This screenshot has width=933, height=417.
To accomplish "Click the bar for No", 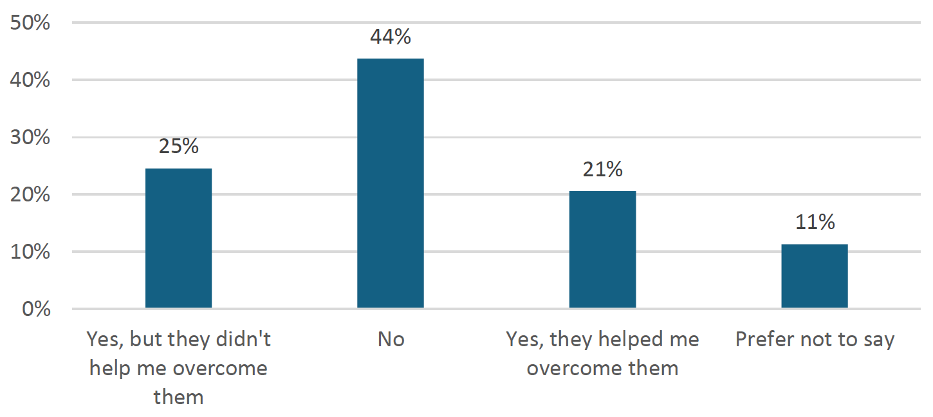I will [391, 183].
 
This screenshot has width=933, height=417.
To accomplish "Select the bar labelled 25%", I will [178, 238].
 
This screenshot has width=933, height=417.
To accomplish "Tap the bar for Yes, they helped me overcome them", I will [602, 250].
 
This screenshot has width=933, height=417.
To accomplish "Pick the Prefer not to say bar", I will [814, 276].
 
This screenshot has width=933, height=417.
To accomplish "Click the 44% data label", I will [391, 37].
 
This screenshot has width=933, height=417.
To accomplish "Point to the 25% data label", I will [178, 147].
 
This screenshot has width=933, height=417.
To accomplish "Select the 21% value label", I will [602, 170].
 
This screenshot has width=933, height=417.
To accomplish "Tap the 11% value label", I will [814, 223].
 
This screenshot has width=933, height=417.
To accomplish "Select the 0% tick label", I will [36, 310].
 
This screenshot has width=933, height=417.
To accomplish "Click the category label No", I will [391, 340].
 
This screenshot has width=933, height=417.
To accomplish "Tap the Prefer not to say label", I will [815, 340].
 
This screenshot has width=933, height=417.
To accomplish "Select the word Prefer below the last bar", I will [764, 340].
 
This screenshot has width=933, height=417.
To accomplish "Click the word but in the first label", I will [145, 339].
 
